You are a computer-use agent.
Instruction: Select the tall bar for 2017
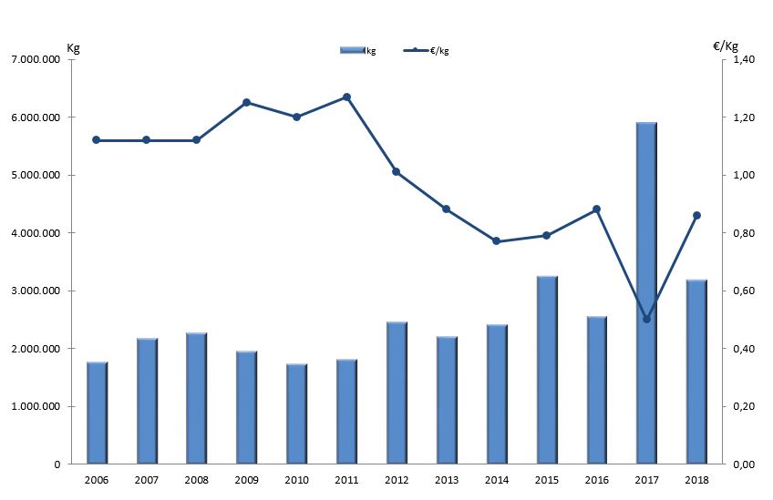click(x=646, y=291)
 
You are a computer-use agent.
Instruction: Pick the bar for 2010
click(x=297, y=413)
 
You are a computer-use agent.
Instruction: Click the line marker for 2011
click(x=346, y=97)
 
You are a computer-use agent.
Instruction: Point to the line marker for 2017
click(x=646, y=319)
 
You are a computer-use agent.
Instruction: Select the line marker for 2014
click(x=496, y=241)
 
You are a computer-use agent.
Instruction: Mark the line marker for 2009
click(x=246, y=102)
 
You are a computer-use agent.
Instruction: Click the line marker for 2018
click(x=696, y=215)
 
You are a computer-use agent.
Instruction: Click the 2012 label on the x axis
click(x=397, y=479)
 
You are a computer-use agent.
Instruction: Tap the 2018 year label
click(x=696, y=479)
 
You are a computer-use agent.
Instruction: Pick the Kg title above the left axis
click(x=74, y=46)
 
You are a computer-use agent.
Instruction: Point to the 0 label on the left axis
click(x=57, y=464)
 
